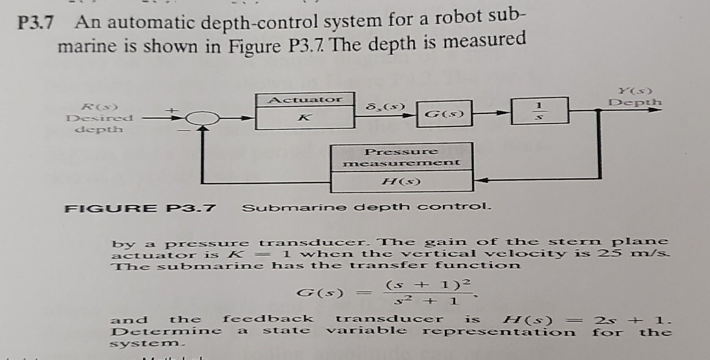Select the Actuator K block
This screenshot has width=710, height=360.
point(305,111)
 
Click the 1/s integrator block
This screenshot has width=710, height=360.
point(540,111)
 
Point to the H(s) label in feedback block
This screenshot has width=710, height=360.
point(402,182)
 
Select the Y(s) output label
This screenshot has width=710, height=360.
point(635,91)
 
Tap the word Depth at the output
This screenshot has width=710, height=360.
point(635,102)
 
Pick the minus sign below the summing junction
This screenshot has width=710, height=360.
point(183,131)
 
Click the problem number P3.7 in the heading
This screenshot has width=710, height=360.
point(36,24)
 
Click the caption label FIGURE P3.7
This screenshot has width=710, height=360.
point(140,208)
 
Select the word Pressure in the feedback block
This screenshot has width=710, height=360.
point(401,152)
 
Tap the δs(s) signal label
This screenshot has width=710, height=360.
point(385,107)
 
